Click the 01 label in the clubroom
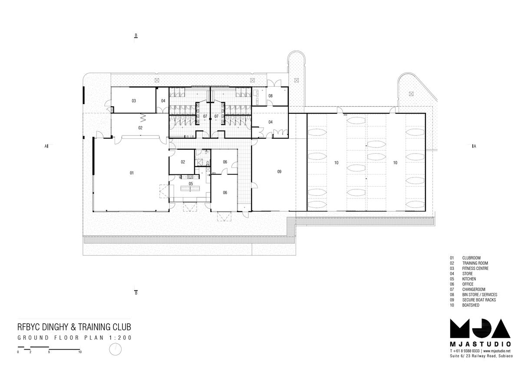click(x=132, y=173)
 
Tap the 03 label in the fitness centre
click(x=134, y=101)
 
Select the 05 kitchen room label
click(x=191, y=184)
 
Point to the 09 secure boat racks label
click(x=279, y=171)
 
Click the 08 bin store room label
click(x=270, y=96)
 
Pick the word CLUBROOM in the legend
click(x=471, y=258)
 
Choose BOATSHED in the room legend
click(x=471, y=305)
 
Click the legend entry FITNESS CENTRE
click(x=475, y=268)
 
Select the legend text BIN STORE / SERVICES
click(x=480, y=295)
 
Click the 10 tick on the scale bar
click(x=80, y=352)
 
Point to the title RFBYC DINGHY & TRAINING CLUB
click(x=74, y=327)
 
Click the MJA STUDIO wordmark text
click(x=480, y=344)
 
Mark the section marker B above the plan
click(x=136, y=35)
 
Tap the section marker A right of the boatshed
click(x=475, y=146)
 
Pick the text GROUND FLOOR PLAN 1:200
click(x=75, y=338)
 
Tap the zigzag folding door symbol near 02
click(x=142, y=118)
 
